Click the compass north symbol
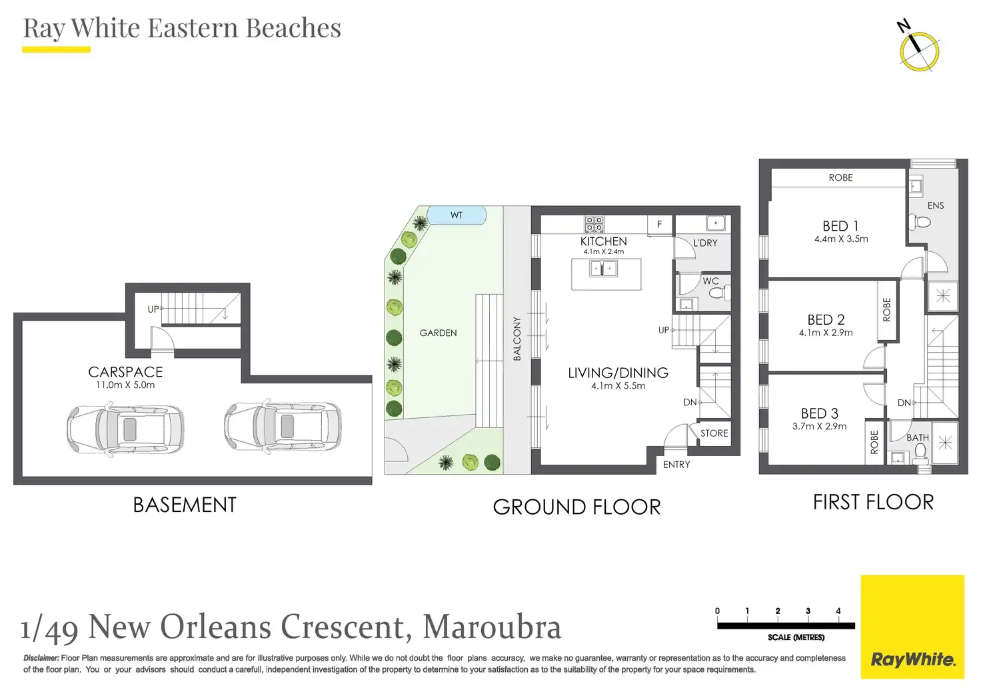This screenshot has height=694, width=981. tap(918, 51)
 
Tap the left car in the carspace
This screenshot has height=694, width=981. tap(125, 428)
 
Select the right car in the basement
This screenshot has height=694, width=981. tap(283, 425)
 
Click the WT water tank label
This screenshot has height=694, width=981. tap(457, 215)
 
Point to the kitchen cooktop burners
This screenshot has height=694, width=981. tap(594, 224)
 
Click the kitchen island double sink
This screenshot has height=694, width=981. tap(604, 269)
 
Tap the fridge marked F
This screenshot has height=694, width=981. tap(660, 225)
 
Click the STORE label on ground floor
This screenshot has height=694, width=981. tap(714, 433)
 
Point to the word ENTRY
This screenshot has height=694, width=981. tap(676, 465)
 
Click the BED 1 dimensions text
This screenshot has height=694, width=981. tap(841, 239)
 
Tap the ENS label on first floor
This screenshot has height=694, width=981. tap(936, 205)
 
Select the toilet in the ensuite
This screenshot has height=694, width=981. tap(919, 222)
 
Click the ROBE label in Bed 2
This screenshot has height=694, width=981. tap(887, 310)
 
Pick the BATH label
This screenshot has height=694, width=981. tap(918, 438)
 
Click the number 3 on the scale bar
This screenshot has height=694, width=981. tap(808, 611)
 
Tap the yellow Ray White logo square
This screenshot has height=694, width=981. tap(912, 627)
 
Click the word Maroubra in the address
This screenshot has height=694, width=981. tap(492, 627)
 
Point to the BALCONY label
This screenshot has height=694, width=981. tap(517, 339)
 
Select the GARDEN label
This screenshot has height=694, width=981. tap(438, 333)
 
